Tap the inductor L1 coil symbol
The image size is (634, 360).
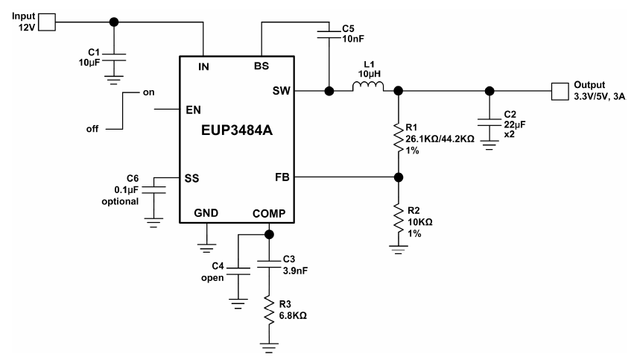(369, 89)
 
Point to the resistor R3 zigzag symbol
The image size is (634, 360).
(269, 312)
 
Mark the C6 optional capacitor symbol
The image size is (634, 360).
(153, 190)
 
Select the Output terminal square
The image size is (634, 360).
(559, 91)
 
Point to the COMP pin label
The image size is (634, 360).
(269, 213)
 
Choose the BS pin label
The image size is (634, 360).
(261, 66)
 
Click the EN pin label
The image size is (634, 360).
(193, 110)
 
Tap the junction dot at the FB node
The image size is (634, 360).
(399, 178)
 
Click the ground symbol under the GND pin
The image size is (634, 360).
(205, 241)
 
